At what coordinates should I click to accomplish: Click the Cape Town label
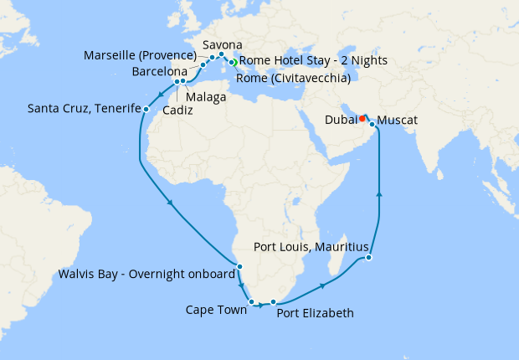tap(216, 310)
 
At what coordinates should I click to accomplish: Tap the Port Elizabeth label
tap(315, 314)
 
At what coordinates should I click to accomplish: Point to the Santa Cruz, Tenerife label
tap(82, 108)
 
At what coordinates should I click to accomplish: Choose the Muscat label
tap(398, 121)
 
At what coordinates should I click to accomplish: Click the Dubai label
tap(339, 120)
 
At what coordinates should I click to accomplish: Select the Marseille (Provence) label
tap(141, 55)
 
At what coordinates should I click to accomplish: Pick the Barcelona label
tap(160, 72)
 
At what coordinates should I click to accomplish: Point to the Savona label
tap(223, 44)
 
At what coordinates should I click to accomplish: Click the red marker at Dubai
tap(362, 118)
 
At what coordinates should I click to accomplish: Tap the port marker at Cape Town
tap(251, 301)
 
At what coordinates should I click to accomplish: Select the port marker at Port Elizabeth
tap(273, 302)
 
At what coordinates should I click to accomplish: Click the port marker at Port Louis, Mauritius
tap(369, 258)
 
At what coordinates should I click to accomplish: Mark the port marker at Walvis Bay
tap(239, 267)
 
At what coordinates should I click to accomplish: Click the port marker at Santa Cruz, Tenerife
tap(146, 109)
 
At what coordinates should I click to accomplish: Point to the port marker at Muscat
tap(372, 124)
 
